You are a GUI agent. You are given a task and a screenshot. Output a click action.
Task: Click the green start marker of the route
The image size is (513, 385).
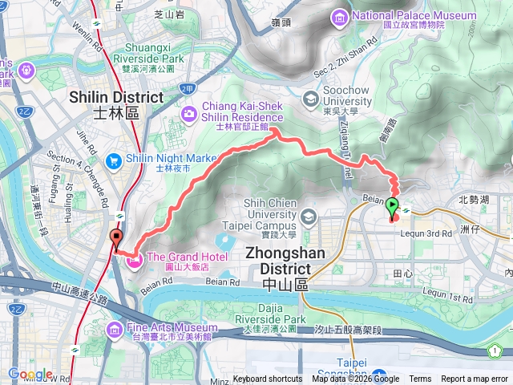point(392,208)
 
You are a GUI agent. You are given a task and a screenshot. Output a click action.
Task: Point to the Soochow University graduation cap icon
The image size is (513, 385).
point(310,99)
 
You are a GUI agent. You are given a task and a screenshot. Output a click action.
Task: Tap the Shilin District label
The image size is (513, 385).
point(116,96)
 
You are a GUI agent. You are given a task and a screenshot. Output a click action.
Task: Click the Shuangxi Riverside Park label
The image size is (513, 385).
point(148,58)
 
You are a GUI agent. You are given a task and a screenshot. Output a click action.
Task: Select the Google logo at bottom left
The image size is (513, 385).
point(30,375)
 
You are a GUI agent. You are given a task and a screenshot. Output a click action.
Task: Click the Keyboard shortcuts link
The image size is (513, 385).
point(268,379)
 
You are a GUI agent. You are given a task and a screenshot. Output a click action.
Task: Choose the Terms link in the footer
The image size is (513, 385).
point(420,379)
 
